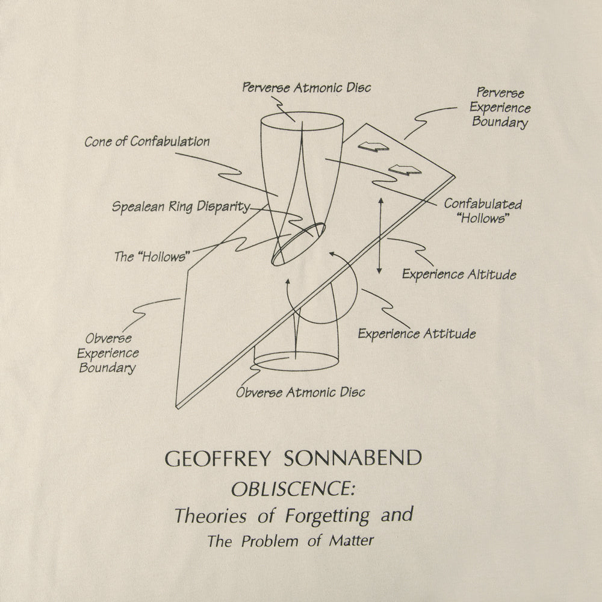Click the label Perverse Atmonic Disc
coord(306,87)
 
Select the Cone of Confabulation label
coord(147,141)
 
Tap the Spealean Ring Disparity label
coord(181,207)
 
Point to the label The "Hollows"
coord(152,256)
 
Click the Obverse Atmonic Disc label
coord(300,392)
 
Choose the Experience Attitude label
coord(417,334)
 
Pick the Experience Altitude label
coord(459,274)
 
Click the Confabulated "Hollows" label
coord(483,211)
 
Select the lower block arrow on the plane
coord(405,169)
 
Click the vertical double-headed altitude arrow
coord(380,235)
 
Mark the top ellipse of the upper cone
coord(302,122)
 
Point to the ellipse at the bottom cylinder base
coord(296,361)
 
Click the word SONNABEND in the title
coord(353,458)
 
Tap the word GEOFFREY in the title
coord(218,458)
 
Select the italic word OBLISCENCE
coord(293,489)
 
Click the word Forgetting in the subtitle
coord(327,516)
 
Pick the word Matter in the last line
coord(352,541)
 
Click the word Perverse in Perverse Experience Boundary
coord(500,93)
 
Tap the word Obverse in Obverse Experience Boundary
coord(108,338)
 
